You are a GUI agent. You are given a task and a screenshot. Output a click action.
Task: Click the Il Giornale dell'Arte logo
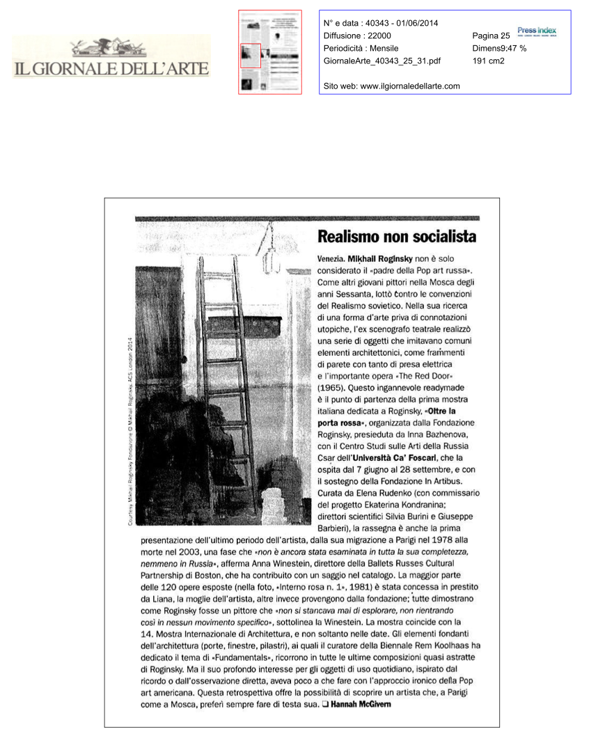click(111, 60)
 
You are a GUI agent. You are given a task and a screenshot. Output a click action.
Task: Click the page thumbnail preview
click(270, 52)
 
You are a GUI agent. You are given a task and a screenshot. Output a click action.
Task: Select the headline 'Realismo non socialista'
click(397, 236)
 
